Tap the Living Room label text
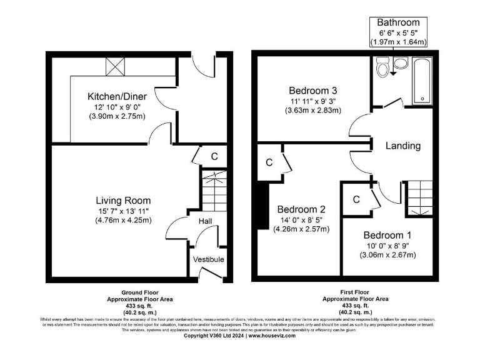click(x=123, y=200)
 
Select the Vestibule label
click(x=208, y=259)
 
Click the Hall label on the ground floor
click(x=206, y=222)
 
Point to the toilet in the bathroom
click(x=384, y=67)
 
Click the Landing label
click(x=402, y=146)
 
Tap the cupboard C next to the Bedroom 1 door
click(x=356, y=200)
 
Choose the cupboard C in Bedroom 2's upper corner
click(x=269, y=162)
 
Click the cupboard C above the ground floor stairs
click(x=214, y=156)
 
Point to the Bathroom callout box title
click(x=398, y=23)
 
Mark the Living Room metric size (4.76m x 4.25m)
click(x=123, y=220)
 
